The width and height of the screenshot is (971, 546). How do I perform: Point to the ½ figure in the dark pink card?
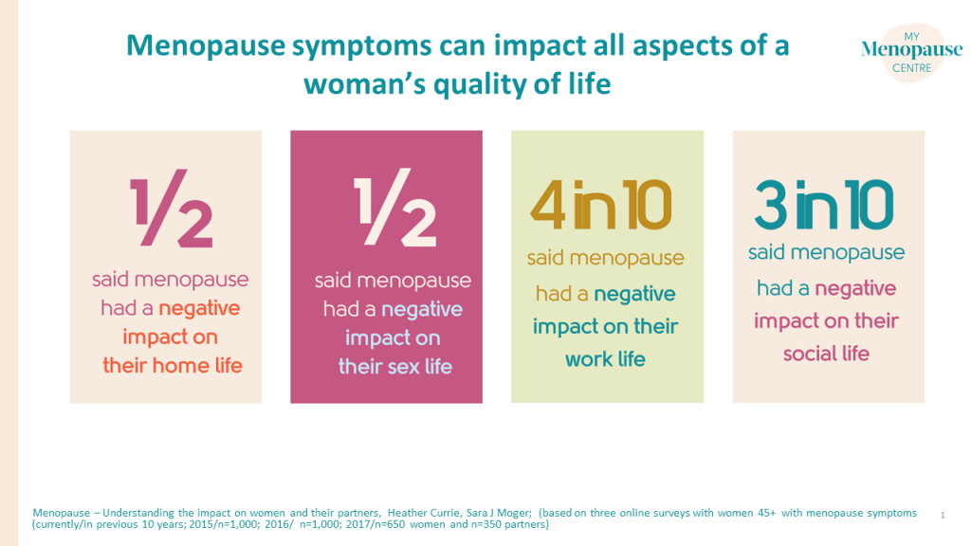pyautogui.click(x=394, y=208)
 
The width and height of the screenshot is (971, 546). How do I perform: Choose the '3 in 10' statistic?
pyautogui.click(x=824, y=205)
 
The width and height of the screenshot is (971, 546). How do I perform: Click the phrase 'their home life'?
pyautogui.click(x=172, y=365)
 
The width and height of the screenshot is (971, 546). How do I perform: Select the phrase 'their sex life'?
pyautogui.click(x=394, y=366)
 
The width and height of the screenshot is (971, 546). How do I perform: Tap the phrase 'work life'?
pyautogui.click(x=605, y=359)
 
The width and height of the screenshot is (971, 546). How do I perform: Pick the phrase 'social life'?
pyautogui.click(x=826, y=354)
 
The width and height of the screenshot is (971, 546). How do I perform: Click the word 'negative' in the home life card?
pyautogui.click(x=199, y=308)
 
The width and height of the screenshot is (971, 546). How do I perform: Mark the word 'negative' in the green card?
pyautogui.click(x=634, y=294)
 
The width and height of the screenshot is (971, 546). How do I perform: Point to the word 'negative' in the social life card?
pyautogui.click(x=854, y=288)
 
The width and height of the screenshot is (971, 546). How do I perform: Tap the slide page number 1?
pyautogui.click(x=944, y=515)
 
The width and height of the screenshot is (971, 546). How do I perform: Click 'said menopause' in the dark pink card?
pyautogui.click(x=393, y=281)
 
